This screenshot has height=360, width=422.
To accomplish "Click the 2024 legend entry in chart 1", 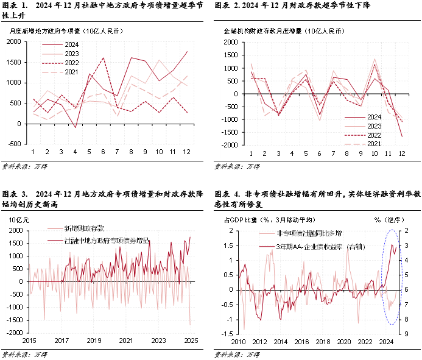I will pos(71,44).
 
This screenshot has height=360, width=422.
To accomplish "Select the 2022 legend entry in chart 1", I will pos(71,63).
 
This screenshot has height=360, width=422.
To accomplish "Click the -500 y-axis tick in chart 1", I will pos(13,145).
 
